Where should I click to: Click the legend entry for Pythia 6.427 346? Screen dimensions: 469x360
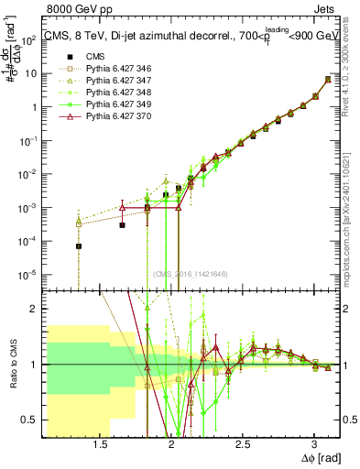(x=105, y=69)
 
